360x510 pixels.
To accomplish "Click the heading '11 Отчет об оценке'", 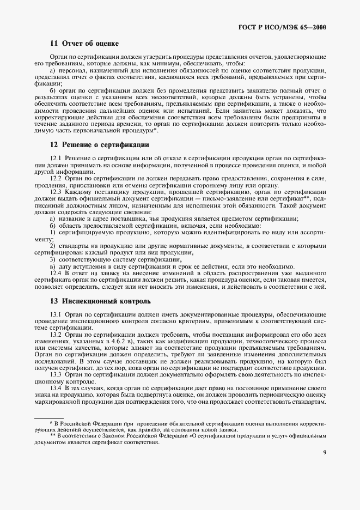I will tap(84, 43).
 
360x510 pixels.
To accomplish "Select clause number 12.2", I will tap(56, 178).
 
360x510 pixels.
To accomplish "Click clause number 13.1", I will tap(56, 314).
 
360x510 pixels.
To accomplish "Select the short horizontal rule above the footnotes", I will tap(48, 418).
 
